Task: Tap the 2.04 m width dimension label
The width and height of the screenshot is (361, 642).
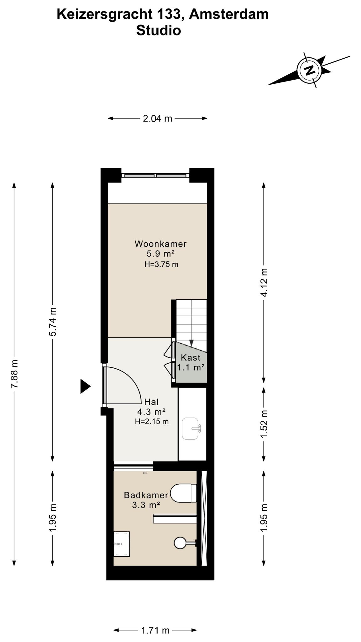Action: coord(158,118)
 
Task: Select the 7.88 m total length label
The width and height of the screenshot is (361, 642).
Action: coord(14,374)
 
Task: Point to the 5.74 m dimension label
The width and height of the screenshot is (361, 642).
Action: coord(53,322)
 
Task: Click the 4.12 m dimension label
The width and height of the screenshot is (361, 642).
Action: coord(264,282)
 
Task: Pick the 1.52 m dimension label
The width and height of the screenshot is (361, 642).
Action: coord(264,424)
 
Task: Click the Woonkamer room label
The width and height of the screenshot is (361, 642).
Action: coord(161,244)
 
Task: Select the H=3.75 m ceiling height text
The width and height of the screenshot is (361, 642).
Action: coord(161,264)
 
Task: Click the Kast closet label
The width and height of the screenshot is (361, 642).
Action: coord(191,357)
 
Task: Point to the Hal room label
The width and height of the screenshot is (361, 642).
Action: coord(151,402)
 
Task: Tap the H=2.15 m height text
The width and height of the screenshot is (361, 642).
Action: coord(152,422)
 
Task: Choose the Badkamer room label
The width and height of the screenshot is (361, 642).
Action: coord(146,495)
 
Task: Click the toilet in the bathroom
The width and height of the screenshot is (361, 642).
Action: coord(183,493)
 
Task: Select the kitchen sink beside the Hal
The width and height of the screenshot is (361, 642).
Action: coord(191,429)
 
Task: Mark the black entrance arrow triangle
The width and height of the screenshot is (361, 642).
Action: coord(85,386)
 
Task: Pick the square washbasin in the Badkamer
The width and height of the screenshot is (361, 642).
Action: coord(122,544)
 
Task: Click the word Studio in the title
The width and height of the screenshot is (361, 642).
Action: coord(159,31)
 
